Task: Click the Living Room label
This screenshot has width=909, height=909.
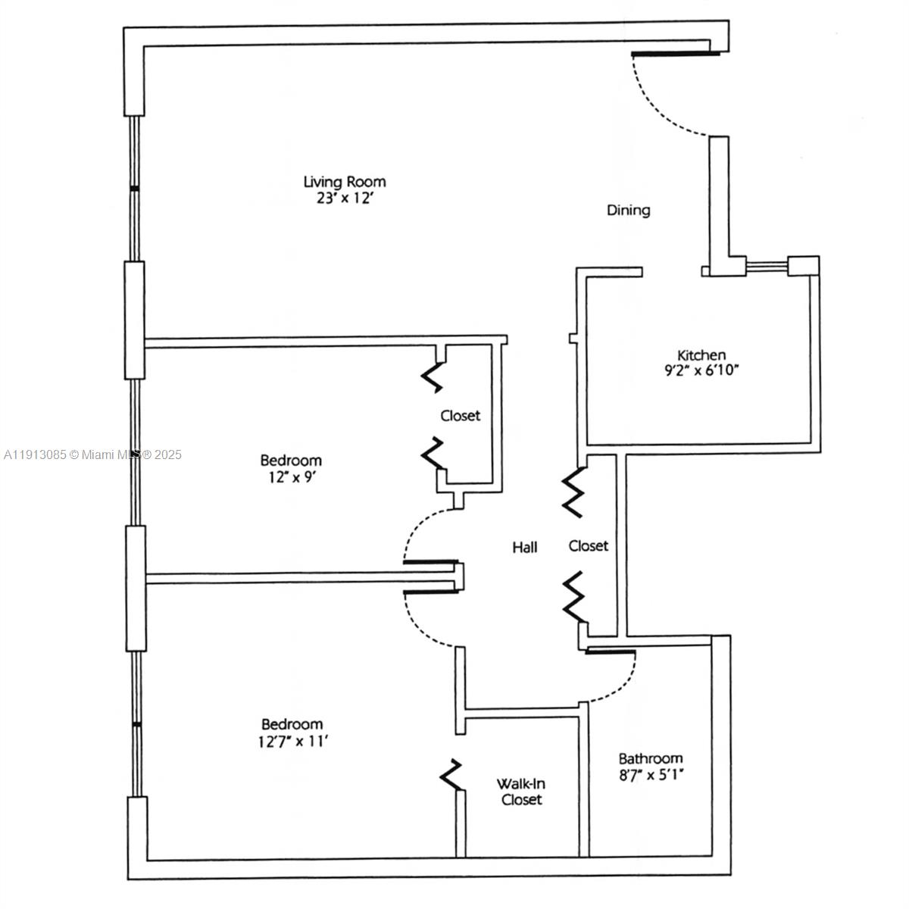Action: click(x=345, y=182)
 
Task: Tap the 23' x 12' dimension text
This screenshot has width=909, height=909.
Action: click(x=345, y=199)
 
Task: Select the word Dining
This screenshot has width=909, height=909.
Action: click(x=629, y=210)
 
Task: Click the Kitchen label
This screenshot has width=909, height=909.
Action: click(x=701, y=355)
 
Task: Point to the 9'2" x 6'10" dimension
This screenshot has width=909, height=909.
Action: click(x=701, y=371)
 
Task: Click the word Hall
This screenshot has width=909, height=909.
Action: click(x=525, y=547)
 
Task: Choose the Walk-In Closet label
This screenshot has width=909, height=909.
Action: click(x=522, y=792)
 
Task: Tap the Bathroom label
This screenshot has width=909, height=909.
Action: click(x=651, y=758)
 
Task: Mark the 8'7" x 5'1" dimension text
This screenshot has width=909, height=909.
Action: click(x=651, y=776)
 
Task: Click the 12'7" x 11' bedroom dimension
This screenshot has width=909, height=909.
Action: click(x=292, y=742)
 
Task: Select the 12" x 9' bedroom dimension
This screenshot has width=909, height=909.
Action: click(x=291, y=477)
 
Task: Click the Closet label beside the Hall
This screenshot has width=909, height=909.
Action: click(x=589, y=545)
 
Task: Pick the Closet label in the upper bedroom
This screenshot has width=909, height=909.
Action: click(x=461, y=416)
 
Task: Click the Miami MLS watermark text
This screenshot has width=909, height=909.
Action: click(x=92, y=454)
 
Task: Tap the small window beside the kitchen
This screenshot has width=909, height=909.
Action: click(x=767, y=265)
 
